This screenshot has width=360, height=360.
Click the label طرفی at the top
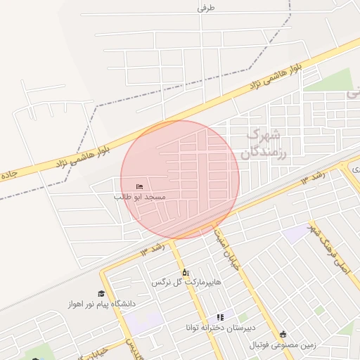(x=205, y=8)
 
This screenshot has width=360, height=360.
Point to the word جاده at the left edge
(x=8, y=173)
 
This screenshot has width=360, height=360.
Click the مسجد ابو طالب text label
(x=140, y=197)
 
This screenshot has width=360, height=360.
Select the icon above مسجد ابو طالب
(x=140, y=186)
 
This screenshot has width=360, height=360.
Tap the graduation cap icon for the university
(x=101, y=293)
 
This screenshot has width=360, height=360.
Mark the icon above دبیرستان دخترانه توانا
(x=220, y=318)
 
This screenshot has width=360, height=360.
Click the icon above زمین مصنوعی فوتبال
(x=283, y=335)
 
